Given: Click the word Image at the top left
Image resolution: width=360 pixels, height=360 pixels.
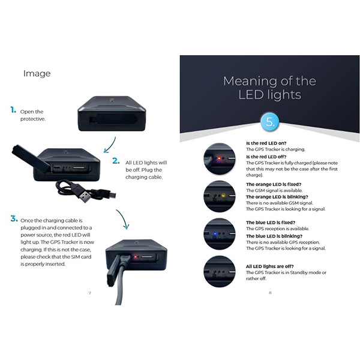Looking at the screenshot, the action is click(37, 73).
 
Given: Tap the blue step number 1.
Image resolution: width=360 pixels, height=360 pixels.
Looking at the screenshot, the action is click(13, 110).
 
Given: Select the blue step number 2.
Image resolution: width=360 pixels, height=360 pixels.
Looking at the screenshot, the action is click(116, 161).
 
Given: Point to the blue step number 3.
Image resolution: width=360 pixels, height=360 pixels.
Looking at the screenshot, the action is click(14, 218).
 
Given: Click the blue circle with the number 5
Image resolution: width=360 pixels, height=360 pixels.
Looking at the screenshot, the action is click(270, 122).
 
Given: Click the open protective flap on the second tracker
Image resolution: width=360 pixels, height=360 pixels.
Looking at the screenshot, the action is click(31, 158).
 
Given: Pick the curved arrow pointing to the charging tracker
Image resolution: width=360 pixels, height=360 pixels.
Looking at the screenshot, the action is click(123, 219).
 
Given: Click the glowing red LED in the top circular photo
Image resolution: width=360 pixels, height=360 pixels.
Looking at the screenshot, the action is click(219, 158).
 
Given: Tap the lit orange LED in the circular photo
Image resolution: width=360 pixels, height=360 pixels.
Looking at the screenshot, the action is click(223, 196).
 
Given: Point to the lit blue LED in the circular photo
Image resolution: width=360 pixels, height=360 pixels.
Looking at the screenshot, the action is click(215, 234).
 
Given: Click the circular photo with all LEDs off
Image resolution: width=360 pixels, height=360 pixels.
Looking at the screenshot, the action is click(220, 271).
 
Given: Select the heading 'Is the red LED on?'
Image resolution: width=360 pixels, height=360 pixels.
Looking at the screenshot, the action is click(266, 143).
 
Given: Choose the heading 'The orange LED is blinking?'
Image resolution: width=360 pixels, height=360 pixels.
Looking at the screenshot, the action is click(277, 197).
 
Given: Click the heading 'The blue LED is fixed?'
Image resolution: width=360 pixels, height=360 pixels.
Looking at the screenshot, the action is click(271, 223).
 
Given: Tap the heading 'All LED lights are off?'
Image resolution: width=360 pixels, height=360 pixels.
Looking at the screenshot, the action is click(270, 266).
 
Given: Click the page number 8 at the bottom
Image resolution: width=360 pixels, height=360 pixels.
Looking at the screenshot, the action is click(270, 293).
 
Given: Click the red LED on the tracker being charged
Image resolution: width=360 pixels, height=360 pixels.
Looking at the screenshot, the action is click(136, 257).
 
